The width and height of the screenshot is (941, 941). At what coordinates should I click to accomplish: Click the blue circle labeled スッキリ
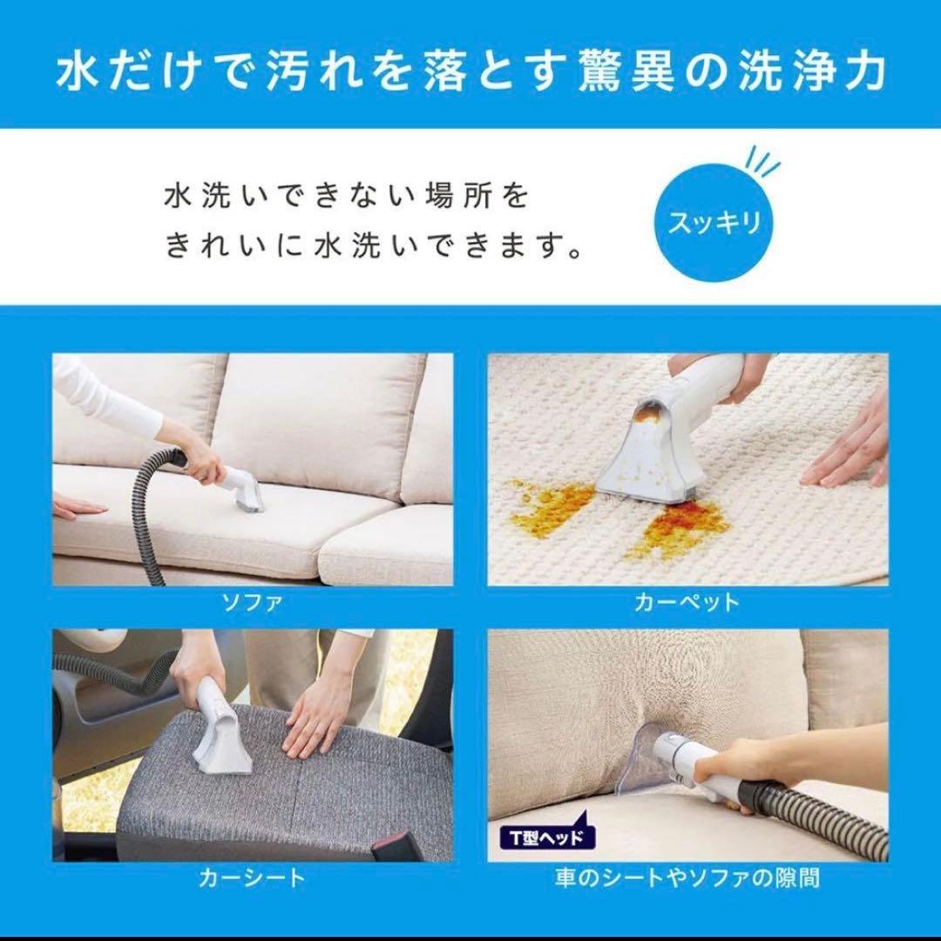[714, 223]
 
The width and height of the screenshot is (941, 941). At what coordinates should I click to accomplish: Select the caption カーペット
[687, 602]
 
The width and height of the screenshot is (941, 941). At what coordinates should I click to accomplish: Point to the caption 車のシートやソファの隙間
[687, 877]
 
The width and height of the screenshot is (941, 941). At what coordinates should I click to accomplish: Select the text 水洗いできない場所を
[346, 197]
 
